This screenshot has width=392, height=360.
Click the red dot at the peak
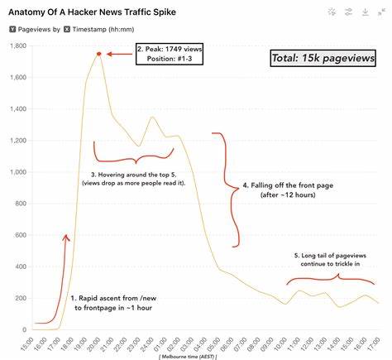click(98, 54)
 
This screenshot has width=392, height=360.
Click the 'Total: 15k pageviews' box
click(323, 59)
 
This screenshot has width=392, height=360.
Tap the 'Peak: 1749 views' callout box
click(169, 55)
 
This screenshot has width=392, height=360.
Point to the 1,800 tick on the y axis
click(14, 46)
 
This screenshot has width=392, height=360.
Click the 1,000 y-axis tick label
click(14, 172)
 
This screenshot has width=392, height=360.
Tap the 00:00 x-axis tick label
click(152, 342)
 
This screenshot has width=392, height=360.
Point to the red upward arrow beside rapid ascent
click(67, 257)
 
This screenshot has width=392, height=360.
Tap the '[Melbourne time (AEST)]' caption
click(197, 354)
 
